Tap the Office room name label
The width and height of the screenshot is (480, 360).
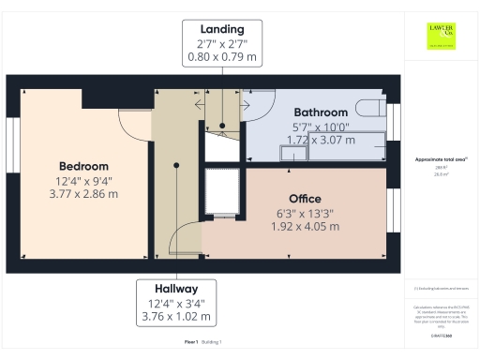point(304,199)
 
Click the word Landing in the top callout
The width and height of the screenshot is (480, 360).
point(222,28)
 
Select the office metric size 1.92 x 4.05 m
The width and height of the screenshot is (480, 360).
point(304,226)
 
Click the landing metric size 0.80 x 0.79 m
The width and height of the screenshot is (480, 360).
point(222,56)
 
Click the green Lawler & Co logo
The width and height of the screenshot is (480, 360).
point(442,35)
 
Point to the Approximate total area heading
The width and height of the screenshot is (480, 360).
point(442,159)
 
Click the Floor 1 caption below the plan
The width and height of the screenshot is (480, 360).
point(191,342)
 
